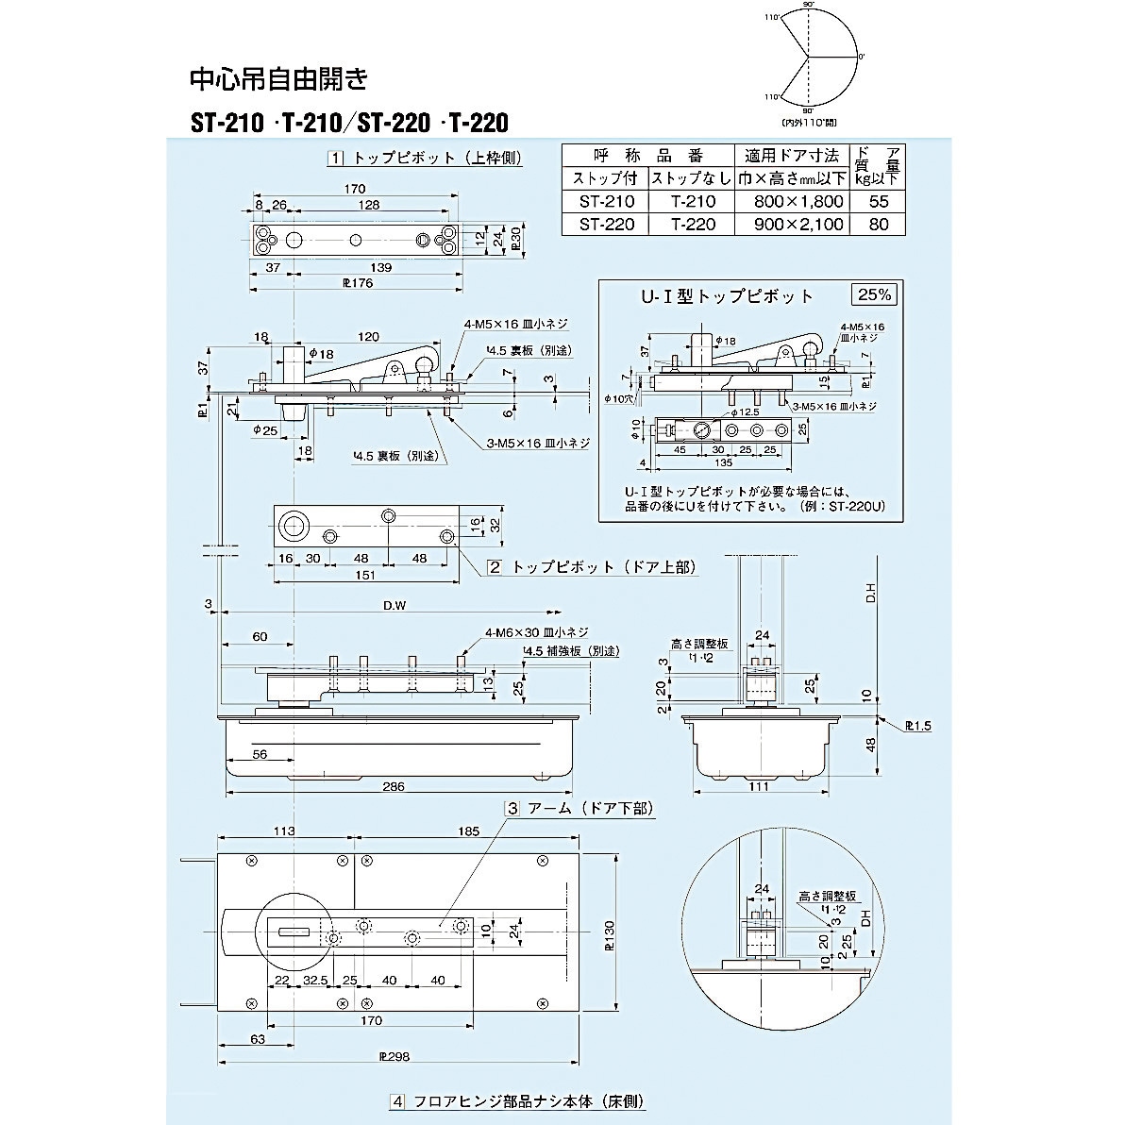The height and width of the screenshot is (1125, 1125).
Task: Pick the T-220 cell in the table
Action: point(694,225)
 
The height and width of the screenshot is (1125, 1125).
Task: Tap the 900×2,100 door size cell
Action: point(799,225)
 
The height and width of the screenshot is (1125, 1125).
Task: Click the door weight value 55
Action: point(879,202)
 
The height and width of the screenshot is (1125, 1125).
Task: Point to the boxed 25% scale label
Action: point(874,294)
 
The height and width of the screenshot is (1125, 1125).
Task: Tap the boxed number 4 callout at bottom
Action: point(397,1101)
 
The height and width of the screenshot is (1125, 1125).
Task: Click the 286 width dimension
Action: point(395,786)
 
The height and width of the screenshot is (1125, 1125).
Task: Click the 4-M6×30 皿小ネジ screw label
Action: point(537,632)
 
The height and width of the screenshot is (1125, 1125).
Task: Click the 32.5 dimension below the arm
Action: point(315,981)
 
